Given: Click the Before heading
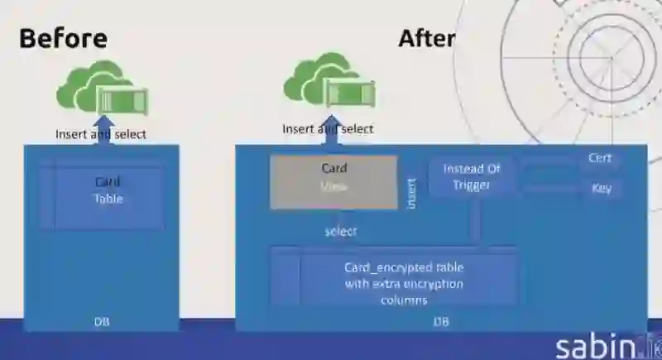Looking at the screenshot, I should click(63, 38).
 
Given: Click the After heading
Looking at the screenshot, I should click(425, 38).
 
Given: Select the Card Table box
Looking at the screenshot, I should click(108, 190).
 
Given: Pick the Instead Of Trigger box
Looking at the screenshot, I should click(472, 176).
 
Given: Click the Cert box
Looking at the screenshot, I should click(600, 158).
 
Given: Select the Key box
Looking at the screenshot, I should click(602, 188).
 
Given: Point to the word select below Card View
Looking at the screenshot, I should click(341, 231).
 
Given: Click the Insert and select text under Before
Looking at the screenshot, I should click(101, 134).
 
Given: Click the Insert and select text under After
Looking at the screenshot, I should click(328, 129).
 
